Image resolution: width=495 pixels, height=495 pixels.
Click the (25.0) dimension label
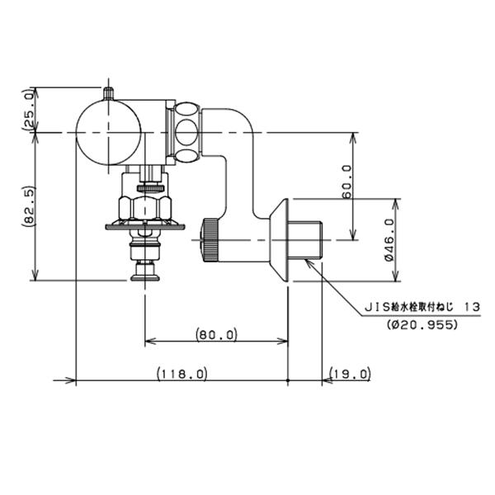(x=29, y=109)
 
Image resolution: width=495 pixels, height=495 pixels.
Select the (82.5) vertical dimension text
(x=30, y=206)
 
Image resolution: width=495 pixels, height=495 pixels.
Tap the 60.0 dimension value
(x=346, y=181)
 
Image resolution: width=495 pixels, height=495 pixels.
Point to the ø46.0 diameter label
(x=389, y=240)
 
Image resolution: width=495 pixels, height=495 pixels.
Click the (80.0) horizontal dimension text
(x=216, y=334)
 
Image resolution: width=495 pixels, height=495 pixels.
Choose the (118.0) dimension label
(x=182, y=374)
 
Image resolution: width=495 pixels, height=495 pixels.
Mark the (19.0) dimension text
(x=350, y=374)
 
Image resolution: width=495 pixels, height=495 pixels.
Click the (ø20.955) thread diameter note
(x=422, y=324)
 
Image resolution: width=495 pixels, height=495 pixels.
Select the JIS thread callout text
(x=422, y=307)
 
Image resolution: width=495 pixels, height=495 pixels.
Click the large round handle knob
(x=108, y=133)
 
